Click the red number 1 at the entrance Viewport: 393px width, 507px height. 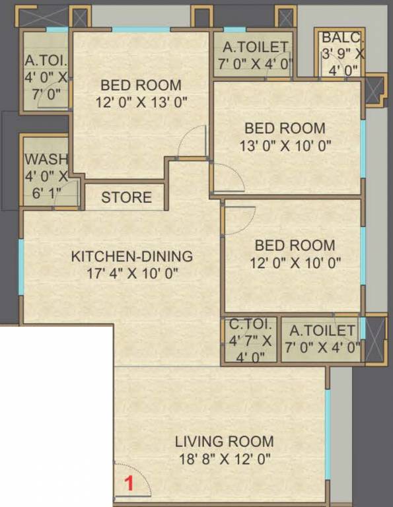pyautogui.click(x=129, y=483)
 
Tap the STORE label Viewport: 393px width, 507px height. pyautogui.click(x=126, y=197)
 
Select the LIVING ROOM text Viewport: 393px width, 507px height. pyautogui.click(x=224, y=442)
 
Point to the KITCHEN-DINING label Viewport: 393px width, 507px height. pyautogui.click(x=132, y=256)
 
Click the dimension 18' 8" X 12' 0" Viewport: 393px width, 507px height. pyautogui.click(x=224, y=459)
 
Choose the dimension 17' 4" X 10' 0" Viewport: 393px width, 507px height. pyautogui.click(x=132, y=273)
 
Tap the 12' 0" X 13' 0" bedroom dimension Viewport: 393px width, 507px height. pyautogui.click(x=141, y=102)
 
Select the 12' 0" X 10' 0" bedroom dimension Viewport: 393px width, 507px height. pyautogui.click(x=295, y=262)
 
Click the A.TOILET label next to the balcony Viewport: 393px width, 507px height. pyautogui.click(x=255, y=48)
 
